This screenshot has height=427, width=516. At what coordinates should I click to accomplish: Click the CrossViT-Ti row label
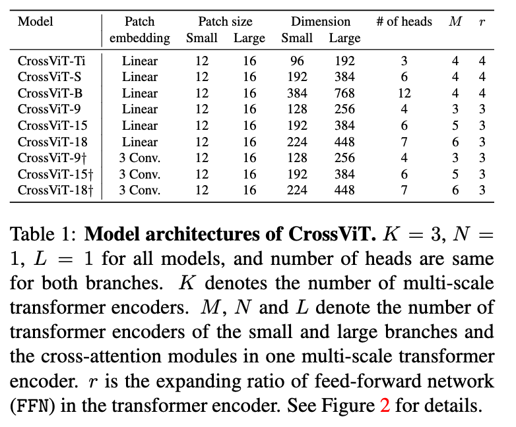pyautogui.click(x=51, y=61)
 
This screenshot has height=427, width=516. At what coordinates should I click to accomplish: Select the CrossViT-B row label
pyautogui.click(x=49, y=94)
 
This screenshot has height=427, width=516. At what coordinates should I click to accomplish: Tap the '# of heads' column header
pyautogui.click(x=404, y=22)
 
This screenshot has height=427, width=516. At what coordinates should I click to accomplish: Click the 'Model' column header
pyautogui.click(x=36, y=22)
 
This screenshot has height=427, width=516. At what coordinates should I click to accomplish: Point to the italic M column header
pyautogui.click(x=455, y=22)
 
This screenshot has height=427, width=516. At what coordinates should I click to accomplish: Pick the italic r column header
pyautogui.click(x=482, y=22)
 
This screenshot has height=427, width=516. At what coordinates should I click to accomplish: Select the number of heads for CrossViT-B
pyautogui.click(x=404, y=94)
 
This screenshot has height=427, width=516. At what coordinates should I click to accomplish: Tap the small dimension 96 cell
pyautogui.click(x=297, y=61)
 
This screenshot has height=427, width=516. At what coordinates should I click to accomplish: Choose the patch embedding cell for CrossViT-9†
pyautogui.click(x=140, y=158)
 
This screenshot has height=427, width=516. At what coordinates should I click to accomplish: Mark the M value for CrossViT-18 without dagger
pyautogui.click(x=455, y=142)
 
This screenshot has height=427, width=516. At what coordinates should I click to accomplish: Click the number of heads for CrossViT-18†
pyautogui.click(x=404, y=190)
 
